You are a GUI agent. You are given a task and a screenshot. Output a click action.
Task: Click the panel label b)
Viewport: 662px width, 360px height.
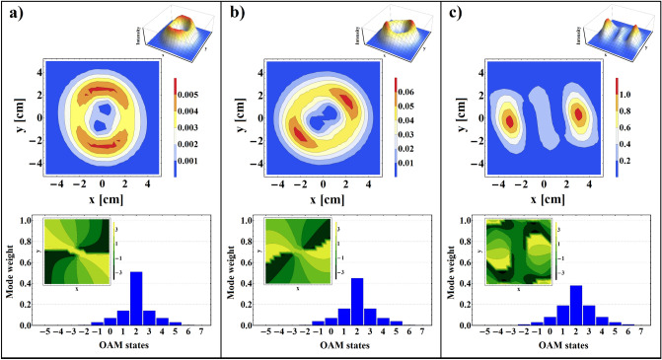click(x=233, y=13)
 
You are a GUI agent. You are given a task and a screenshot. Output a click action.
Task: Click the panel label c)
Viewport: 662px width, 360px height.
click(x=453, y=13)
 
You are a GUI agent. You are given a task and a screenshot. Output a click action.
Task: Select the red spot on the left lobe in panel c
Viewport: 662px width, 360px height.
click(x=509, y=122)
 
